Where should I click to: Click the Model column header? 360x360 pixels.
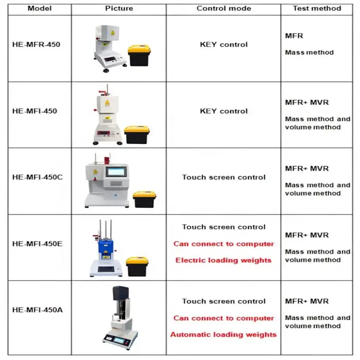[x=40, y=9]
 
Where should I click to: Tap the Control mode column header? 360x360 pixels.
[x=224, y=9]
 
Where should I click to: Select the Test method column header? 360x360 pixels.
[x=317, y=9]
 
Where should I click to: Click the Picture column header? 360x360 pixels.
[x=119, y=9]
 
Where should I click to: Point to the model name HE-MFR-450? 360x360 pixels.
[x=37, y=44]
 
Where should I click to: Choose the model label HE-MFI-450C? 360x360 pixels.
[x=38, y=177]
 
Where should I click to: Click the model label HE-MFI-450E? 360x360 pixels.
[x=38, y=244]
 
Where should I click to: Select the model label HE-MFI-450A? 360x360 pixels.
[x=38, y=310]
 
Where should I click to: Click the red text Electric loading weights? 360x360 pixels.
[x=223, y=260]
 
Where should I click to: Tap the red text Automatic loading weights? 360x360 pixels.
[x=223, y=334]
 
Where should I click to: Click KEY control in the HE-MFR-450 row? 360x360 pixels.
[x=224, y=44]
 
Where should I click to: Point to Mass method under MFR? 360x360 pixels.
[x=309, y=52]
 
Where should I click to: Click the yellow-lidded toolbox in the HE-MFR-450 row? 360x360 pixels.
[x=139, y=56]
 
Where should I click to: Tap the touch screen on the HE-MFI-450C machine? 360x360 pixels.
[x=116, y=172]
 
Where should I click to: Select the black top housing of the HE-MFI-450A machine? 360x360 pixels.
[x=121, y=294]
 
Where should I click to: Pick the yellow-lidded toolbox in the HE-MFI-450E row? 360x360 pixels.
[x=137, y=266]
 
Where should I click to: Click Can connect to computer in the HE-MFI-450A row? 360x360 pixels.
[x=224, y=318]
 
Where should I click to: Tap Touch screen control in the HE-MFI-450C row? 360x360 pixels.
[x=224, y=177]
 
